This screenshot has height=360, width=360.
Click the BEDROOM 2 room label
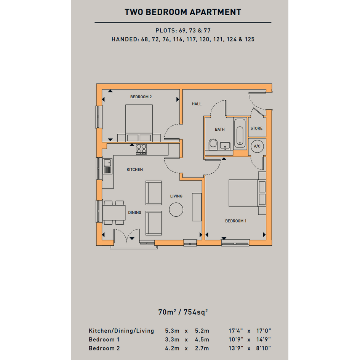[x=141, y=97]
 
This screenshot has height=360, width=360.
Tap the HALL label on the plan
[x=197, y=104]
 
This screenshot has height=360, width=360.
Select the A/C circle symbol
[x=257, y=146]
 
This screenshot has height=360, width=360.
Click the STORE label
[x=256, y=128]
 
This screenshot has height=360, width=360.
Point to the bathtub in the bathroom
[x=240, y=133]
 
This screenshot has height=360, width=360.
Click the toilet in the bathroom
[x=213, y=144]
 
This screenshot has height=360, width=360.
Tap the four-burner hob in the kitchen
[x=141, y=149]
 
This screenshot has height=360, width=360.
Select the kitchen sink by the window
[x=107, y=166]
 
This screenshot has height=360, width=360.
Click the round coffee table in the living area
[x=176, y=210]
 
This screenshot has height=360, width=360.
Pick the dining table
[x=114, y=213]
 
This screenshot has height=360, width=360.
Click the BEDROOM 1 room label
[x=236, y=221]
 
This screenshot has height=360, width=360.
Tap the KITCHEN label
[x=135, y=170]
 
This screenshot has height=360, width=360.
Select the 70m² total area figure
[x=167, y=312]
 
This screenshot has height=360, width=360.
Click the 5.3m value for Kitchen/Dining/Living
[x=172, y=331]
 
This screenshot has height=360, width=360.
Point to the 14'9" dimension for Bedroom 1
[x=264, y=339]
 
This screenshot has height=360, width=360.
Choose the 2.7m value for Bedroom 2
[x=202, y=348]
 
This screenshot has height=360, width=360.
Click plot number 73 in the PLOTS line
[x=192, y=30]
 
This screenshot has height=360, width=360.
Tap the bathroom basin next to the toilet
[x=225, y=146]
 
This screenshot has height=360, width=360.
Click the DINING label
[x=135, y=213]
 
